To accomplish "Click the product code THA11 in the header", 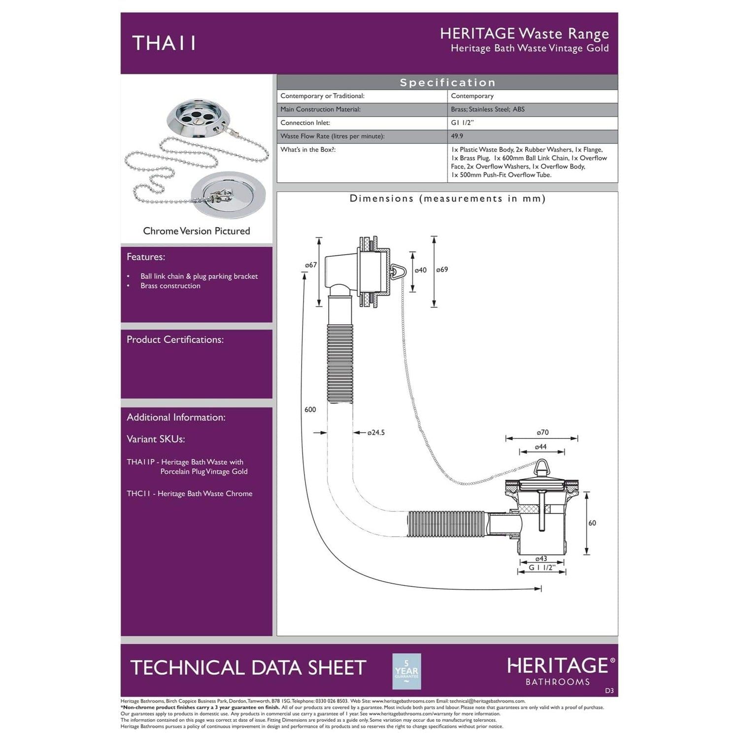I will pyautogui.click(x=164, y=43).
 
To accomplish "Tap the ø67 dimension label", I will pyautogui.click(x=311, y=265).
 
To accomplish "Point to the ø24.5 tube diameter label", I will pyautogui.click(x=376, y=433).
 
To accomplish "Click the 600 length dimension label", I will pyautogui.click(x=310, y=409).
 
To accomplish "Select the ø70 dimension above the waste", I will pyautogui.click(x=542, y=432).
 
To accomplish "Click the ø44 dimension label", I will pyautogui.click(x=541, y=447).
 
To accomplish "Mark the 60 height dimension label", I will pyautogui.click(x=592, y=523).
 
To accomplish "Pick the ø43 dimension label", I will pyautogui.click(x=541, y=559).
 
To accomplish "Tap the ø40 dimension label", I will pyautogui.click(x=420, y=270).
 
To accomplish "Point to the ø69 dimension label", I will pyautogui.click(x=442, y=269).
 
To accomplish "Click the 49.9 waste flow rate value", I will pyautogui.click(x=457, y=136).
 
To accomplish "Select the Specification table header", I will pyautogui.click(x=447, y=82).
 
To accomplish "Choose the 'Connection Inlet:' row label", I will pyautogui.click(x=305, y=123).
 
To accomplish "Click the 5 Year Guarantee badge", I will pyautogui.click(x=406, y=671).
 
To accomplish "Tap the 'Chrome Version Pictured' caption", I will pyautogui.click(x=197, y=231).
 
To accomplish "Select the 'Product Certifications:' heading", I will pyautogui.click(x=175, y=339).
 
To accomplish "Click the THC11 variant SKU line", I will pyautogui.click(x=190, y=494).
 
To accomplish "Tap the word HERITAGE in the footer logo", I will pyautogui.click(x=558, y=666).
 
